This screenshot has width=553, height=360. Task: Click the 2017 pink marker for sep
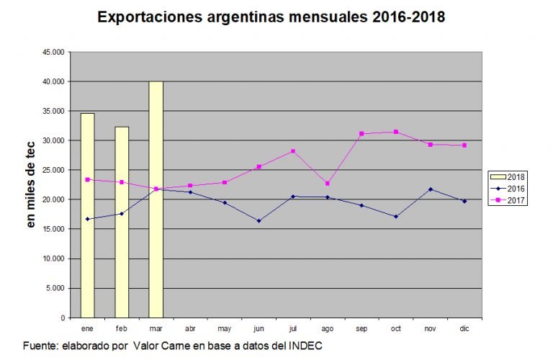pyautogui.click(x=361, y=134)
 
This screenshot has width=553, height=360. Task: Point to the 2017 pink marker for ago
pyautogui.click(x=327, y=184)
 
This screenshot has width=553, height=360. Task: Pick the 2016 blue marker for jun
pyautogui.click(x=258, y=221)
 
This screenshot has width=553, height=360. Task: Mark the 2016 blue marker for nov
pyautogui.click(x=430, y=189)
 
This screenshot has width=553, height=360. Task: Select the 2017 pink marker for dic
pyautogui.click(x=464, y=145)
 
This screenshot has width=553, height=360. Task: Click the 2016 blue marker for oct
pyautogui.click(x=396, y=217)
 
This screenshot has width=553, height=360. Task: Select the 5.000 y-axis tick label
pyautogui.click(x=55, y=288)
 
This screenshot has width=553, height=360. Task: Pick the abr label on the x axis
pyautogui.click(x=190, y=328)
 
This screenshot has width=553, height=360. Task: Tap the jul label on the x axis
pyautogui.click(x=292, y=328)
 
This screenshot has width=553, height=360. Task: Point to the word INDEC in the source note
pyautogui.click(x=306, y=346)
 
